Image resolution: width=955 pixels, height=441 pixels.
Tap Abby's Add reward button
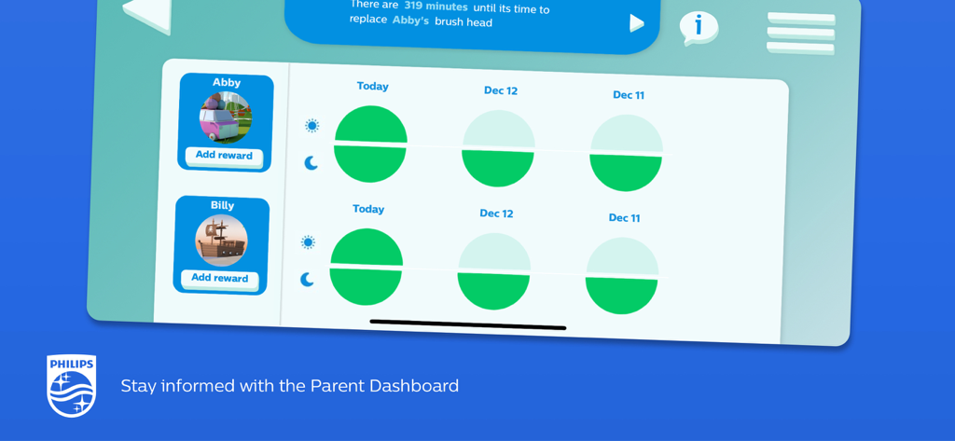pos(224,156)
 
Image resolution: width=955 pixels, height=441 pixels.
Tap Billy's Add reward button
pos(220,278)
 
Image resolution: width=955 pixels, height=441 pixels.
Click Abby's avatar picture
pos(225,117)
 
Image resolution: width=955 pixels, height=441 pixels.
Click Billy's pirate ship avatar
pos(221,240)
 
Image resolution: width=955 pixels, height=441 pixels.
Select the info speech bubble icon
pos(698,27)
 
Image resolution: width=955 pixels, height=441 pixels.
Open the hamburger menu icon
pos(800,34)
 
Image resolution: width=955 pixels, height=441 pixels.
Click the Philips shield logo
pos(72,385)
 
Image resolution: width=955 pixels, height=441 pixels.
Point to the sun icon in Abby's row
pos(311,126)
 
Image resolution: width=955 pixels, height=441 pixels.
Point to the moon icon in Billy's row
pos(308,279)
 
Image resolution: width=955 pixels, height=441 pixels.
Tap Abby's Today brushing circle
pos(370,144)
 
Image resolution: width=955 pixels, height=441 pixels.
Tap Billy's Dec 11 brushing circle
pos(621,275)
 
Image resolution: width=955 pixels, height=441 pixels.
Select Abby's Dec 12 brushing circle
pos(498,148)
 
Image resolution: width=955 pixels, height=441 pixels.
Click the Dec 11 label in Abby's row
pos(629,95)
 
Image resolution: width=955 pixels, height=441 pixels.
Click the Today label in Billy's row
pos(368,209)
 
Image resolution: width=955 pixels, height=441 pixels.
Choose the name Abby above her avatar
pos(227,83)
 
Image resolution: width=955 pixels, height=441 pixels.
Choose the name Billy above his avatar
pos(223,205)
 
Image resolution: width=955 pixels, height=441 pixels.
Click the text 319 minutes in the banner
pos(436,7)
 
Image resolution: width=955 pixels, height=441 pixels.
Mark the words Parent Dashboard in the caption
pos(384,386)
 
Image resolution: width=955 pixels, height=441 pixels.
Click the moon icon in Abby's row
pos(311,163)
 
